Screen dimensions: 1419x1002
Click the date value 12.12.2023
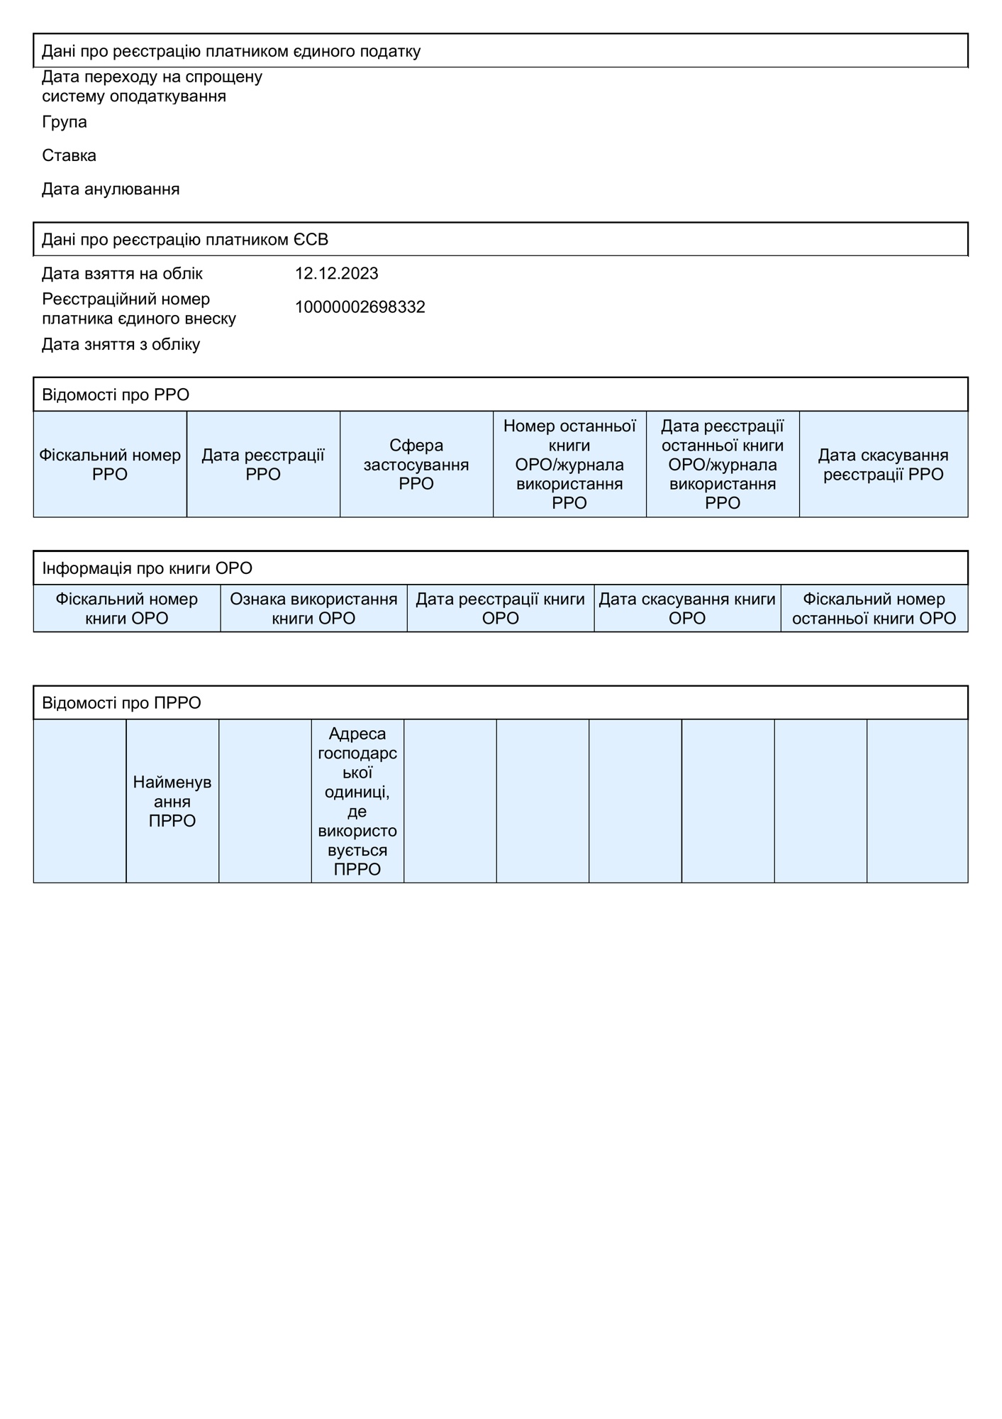click(336, 274)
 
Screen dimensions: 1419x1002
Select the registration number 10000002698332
click(360, 307)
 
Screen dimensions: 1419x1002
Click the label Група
click(65, 122)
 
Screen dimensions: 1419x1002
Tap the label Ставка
click(69, 155)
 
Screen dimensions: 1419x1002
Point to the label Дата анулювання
click(111, 189)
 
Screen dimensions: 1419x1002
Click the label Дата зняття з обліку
click(121, 345)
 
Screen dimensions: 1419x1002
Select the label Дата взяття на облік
click(122, 274)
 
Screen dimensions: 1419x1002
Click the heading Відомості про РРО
click(116, 395)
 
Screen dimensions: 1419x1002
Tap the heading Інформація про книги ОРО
click(147, 568)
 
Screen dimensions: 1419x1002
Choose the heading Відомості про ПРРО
click(121, 703)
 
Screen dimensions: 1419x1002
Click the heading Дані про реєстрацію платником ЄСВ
click(185, 240)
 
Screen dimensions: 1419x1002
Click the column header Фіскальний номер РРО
click(110, 465)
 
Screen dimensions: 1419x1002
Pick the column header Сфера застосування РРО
click(416, 465)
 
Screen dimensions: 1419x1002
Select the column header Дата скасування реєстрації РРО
click(883, 465)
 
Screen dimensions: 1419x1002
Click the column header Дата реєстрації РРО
click(263, 465)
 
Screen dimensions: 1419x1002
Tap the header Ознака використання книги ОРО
click(313, 609)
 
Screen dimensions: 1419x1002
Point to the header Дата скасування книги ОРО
click(687, 609)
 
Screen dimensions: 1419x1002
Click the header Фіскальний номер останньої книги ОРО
click(874, 609)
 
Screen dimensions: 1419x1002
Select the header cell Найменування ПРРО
click(172, 802)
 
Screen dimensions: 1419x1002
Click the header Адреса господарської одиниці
click(357, 802)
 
